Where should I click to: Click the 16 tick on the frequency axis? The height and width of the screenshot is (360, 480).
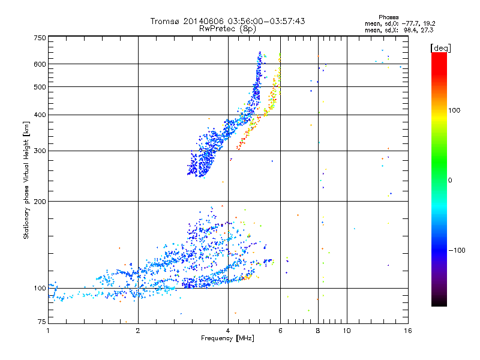click(x=407, y=331)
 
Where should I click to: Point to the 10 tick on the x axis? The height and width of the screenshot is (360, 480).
click(x=347, y=331)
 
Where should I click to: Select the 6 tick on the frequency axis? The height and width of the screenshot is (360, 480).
click(x=280, y=331)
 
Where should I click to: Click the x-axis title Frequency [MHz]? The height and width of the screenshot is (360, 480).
click(x=227, y=339)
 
